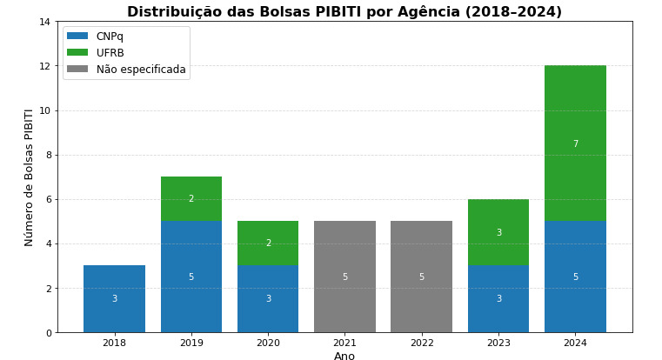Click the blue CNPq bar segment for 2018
coord(114,298)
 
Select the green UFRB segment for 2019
coord(191,198)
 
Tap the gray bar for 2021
coord(344,277)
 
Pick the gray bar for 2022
coord(421,277)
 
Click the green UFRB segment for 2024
coord(575,143)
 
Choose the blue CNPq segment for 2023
coord(498,298)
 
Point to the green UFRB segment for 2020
coord(268,243)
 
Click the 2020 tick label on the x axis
coord(268,343)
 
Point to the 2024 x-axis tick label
coord(575,343)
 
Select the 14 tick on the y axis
coord(45,22)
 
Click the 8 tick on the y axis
coord(48,155)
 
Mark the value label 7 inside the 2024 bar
coord(575,144)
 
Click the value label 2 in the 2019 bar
coord(191,199)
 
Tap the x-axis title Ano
coord(344,356)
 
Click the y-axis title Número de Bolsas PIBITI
coord(30,177)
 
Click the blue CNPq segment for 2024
coord(575,277)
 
